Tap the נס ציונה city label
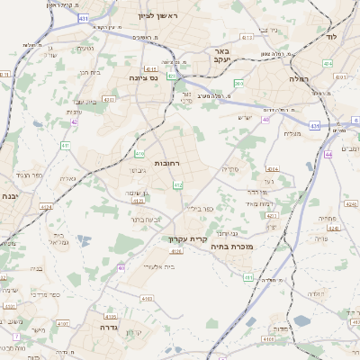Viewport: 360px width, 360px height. tap(141, 78)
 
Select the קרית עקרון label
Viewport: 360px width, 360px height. tap(188, 239)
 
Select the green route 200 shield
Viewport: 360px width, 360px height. tap(238, 84)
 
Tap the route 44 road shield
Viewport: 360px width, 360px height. tap(328, 155)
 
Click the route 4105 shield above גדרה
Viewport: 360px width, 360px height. tap(110, 317)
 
